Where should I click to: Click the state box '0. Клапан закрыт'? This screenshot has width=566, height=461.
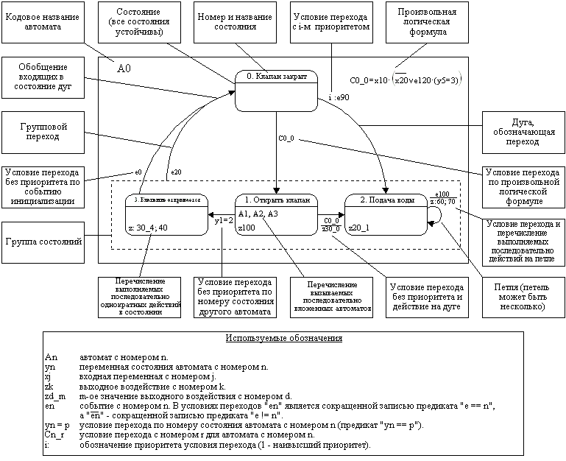(x=277, y=91)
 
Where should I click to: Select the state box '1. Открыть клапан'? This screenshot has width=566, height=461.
(x=276, y=214)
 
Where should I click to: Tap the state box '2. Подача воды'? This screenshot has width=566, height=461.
(x=386, y=214)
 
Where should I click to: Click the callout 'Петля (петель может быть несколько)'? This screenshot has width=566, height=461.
(x=521, y=295)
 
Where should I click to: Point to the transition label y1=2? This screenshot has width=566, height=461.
(x=224, y=220)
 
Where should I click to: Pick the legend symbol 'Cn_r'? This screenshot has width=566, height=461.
(x=55, y=435)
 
